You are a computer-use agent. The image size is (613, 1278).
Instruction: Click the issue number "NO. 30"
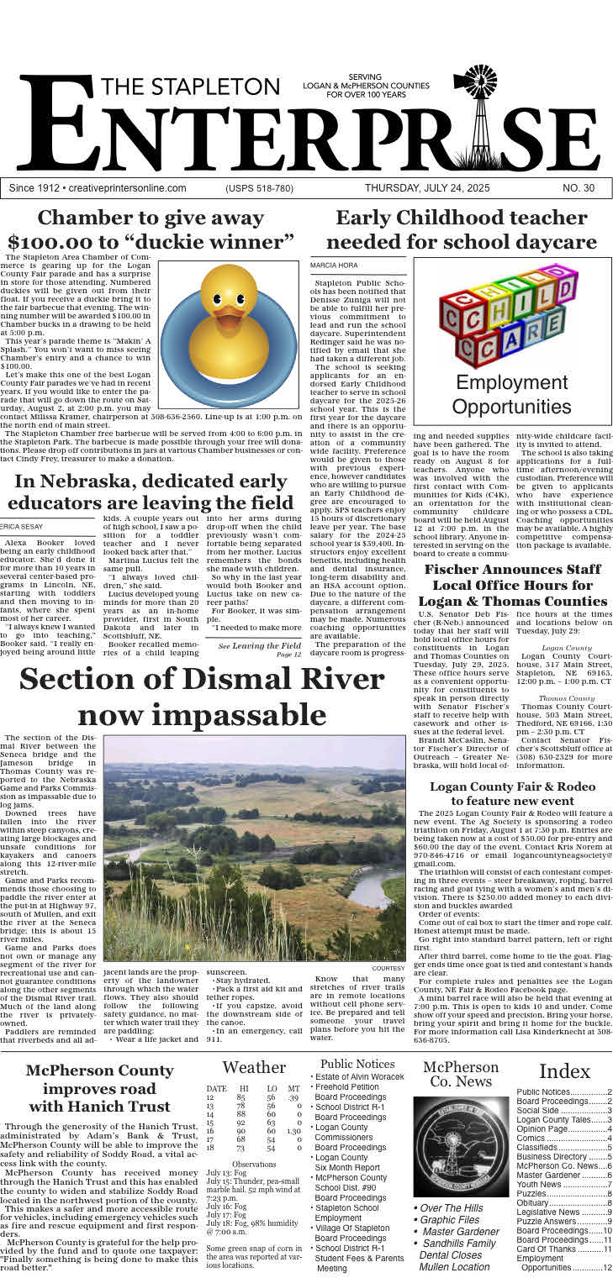coord(578,188)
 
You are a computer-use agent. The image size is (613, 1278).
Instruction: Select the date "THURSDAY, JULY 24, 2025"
coord(427,188)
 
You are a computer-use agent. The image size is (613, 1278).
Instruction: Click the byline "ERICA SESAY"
coord(22,525)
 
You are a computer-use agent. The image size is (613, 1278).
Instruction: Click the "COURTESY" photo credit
coord(388,968)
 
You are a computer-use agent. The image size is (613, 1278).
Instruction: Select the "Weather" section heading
coord(254,1067)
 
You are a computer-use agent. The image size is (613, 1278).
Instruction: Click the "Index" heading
coord(564,1071)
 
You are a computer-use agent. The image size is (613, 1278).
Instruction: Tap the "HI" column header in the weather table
coord(244,1089)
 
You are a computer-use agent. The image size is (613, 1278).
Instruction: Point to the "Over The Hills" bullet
coord(452,1208)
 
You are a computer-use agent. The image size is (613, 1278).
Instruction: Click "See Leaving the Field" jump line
coord(259,645)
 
